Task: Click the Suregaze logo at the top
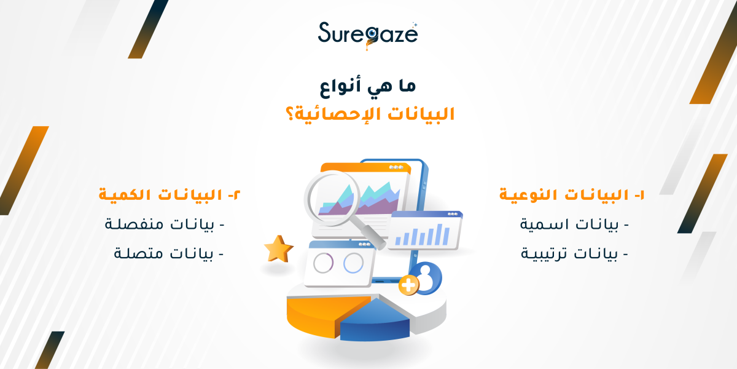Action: coord(368,33)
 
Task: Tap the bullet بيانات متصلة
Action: coord(169,253)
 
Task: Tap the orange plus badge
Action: coord(408,285)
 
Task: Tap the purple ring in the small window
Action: coord(323,263)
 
